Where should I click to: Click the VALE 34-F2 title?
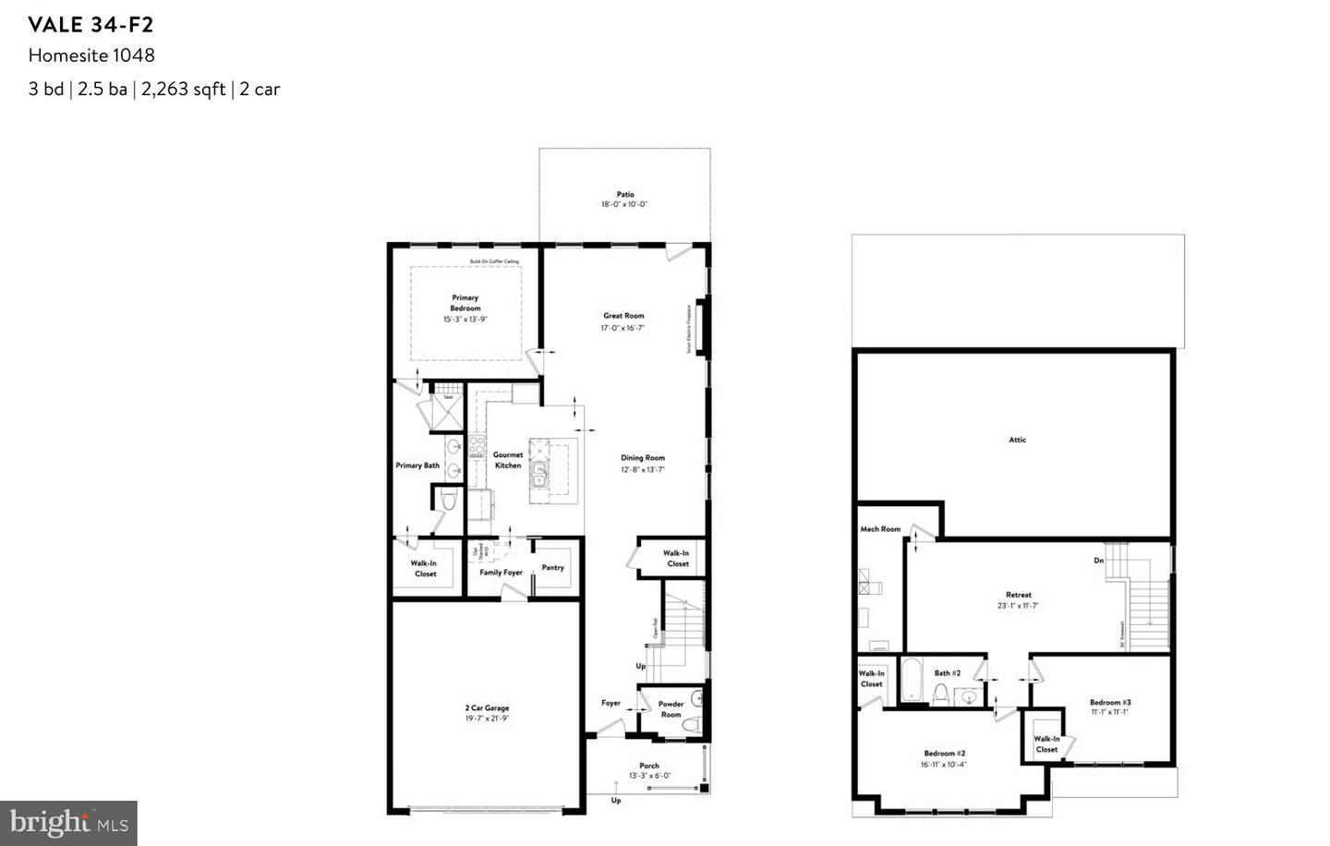tap(91, 24)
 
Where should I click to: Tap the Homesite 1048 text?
tap(91, 55)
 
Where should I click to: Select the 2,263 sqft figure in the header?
tap(184, 90)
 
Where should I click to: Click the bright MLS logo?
tap(68, 821)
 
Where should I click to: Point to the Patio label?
tap(625, 195)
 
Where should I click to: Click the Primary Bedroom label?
tap(465, 303)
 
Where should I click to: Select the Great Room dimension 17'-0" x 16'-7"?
tap(623, 328)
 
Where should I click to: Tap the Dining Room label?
tap(642, 458)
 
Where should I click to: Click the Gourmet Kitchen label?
tap(508, 460)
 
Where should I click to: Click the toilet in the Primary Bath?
tap(448, 501)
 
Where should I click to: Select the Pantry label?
tap(552, 568)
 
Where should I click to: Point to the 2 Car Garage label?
tap(486, 708)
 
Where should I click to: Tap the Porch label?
tap(649, 766)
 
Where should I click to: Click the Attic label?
tap(1017, 441)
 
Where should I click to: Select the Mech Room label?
tap(880, 529)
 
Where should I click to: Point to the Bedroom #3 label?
tap(1109, 703)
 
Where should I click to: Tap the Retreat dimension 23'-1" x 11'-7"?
tap(1018, 606)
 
